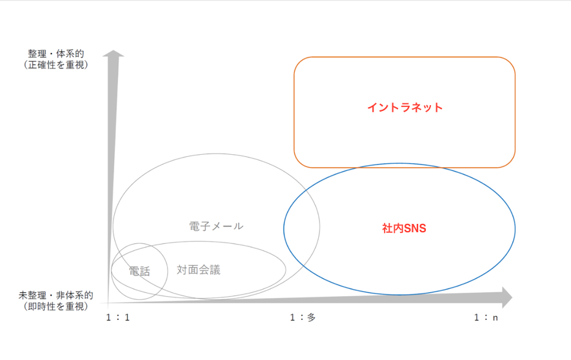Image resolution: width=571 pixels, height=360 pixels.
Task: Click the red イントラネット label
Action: click(x=405, y=107)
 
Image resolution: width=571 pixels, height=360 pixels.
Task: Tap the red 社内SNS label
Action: click(x=404, y=228)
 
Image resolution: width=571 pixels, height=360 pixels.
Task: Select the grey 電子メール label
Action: click(x=216, y=226)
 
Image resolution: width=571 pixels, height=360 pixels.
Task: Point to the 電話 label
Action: click(x=139, y=271)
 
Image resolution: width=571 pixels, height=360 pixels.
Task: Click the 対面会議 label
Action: click(x=199, y=270)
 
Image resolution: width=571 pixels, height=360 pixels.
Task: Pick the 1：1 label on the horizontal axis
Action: click(x=117, y=317)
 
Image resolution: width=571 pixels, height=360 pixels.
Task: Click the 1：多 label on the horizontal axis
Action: click(x=303, y=317)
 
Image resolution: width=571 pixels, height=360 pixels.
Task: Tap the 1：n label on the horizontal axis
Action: click(x=486, y=317)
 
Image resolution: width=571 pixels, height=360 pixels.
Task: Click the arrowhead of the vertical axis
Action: click(x=114, y=50)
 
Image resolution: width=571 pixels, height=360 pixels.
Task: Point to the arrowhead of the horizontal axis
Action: click(x=512, y=297)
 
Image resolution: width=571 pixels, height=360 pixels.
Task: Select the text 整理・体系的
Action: click(x=56, y=54)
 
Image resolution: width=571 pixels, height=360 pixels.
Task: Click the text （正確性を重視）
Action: click(x=56, y=65)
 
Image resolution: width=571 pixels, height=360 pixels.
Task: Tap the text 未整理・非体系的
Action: click(x=55, y=295)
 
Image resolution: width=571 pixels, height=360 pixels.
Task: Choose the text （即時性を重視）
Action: click(x=56, y=306)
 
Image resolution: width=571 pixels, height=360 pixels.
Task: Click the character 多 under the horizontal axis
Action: click(x=312, y=317)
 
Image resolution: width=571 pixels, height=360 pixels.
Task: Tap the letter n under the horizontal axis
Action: click(x=496, y=318)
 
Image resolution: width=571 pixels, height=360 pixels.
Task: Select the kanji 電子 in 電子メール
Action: click(x=200, y=226)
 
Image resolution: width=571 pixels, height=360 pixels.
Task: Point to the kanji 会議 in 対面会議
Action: click(x=210, y=270)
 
